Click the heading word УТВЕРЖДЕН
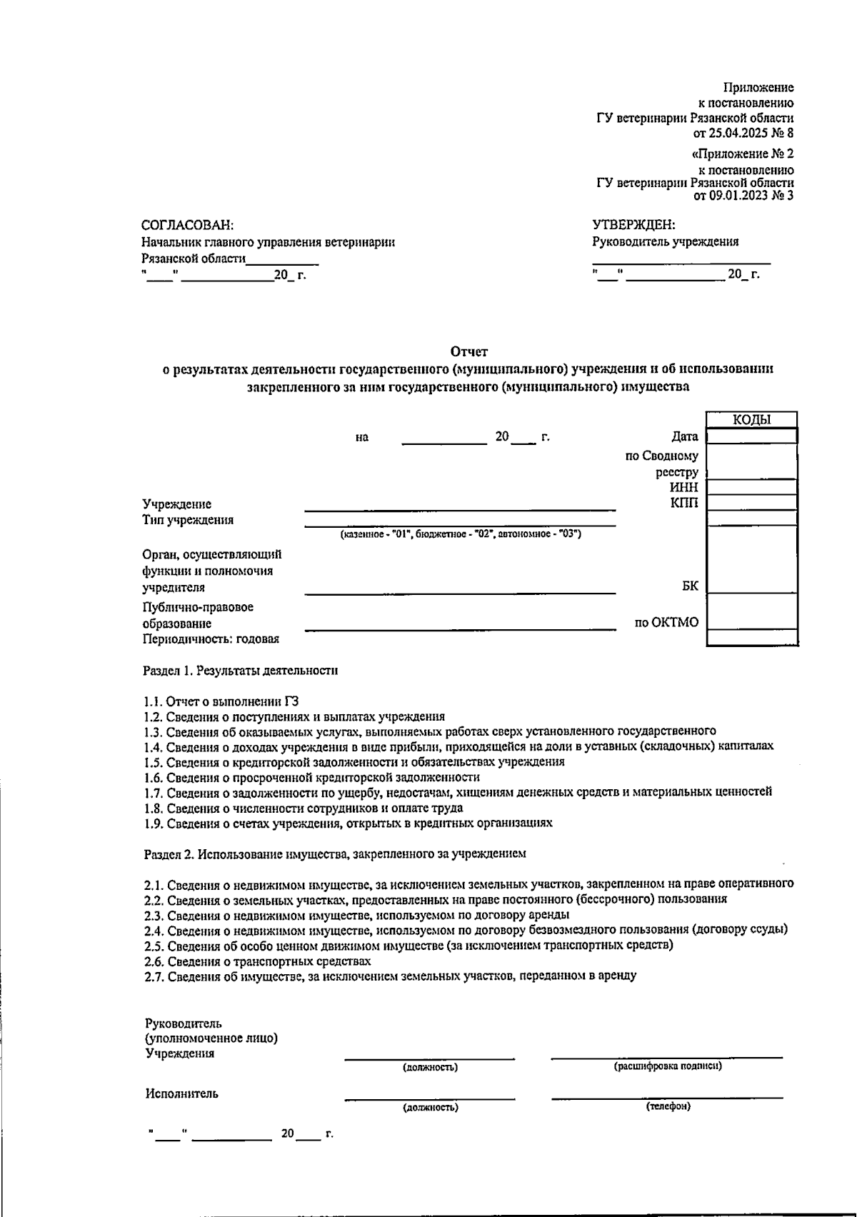point(633,225)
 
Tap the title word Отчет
point(468,351)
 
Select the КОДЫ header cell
point(751,420)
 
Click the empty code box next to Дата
point(751,436)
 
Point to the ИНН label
point(683,487)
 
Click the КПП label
point(684,503)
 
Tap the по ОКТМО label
point(666,623)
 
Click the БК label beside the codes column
point(690,586)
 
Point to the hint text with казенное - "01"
point(461,534)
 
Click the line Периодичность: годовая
point(211,639)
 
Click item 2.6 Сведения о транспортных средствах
point(257,961)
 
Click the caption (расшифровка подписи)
point(667,1066)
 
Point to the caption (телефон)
point(668,1106)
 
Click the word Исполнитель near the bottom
point(182,1093)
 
